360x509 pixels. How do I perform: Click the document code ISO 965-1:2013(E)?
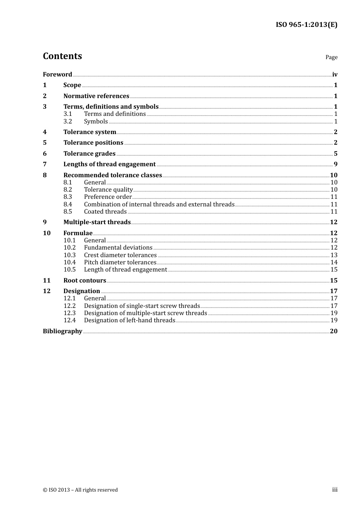pos(306,25)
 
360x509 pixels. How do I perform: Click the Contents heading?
pos(62,56)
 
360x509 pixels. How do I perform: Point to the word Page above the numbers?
pos(331,57)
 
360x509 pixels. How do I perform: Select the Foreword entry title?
pos(57,74)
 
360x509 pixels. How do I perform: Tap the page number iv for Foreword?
pos(335,74)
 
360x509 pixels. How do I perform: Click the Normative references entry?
pos(96,96)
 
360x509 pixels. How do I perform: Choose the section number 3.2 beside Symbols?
pos(67,121)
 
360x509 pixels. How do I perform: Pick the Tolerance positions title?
pos(93,142)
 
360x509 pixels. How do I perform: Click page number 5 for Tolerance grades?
pos(335,153)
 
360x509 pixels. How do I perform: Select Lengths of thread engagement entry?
pos(110,164)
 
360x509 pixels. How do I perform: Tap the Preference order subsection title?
pos(108,197)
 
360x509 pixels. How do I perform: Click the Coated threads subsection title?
pos(105,211)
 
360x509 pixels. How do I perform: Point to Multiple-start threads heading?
pos(97,222)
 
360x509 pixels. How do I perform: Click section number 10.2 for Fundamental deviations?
pos(69,247)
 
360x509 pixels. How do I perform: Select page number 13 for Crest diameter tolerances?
pos(334,255)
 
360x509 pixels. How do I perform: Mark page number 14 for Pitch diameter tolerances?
pos(334,262)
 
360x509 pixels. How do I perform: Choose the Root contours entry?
pos(85,280)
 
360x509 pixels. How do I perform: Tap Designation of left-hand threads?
pos(130,320)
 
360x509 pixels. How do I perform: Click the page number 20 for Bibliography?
pos(333,331)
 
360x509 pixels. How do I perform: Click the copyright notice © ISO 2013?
pos(80,490)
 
